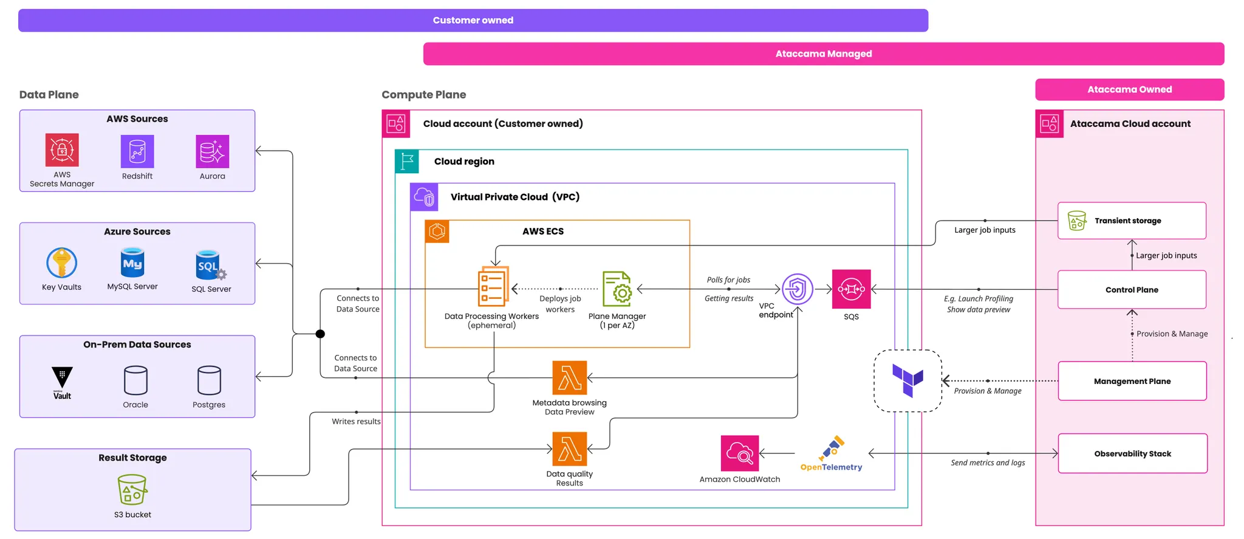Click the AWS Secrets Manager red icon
(62, 149)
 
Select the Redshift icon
(137, 151)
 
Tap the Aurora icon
(212, 151)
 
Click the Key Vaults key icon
(61, 263)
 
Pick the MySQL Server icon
(132, 263)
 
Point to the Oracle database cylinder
(135, 380)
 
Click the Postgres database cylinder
(209, 380)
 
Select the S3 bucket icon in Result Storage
(132, 489)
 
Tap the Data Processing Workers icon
(493, 286)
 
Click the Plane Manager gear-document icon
(617, 289)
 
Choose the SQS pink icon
(851, 289)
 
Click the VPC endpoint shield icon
(797, 289)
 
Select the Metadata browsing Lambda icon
(569, 377)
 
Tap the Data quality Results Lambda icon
(569, 449)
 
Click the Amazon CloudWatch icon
(739, 453)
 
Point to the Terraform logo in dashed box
(907, 380)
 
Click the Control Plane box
(1132, 290)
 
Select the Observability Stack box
(1132, 453)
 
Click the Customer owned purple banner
(473, 20)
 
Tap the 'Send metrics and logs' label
(988, 462)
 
